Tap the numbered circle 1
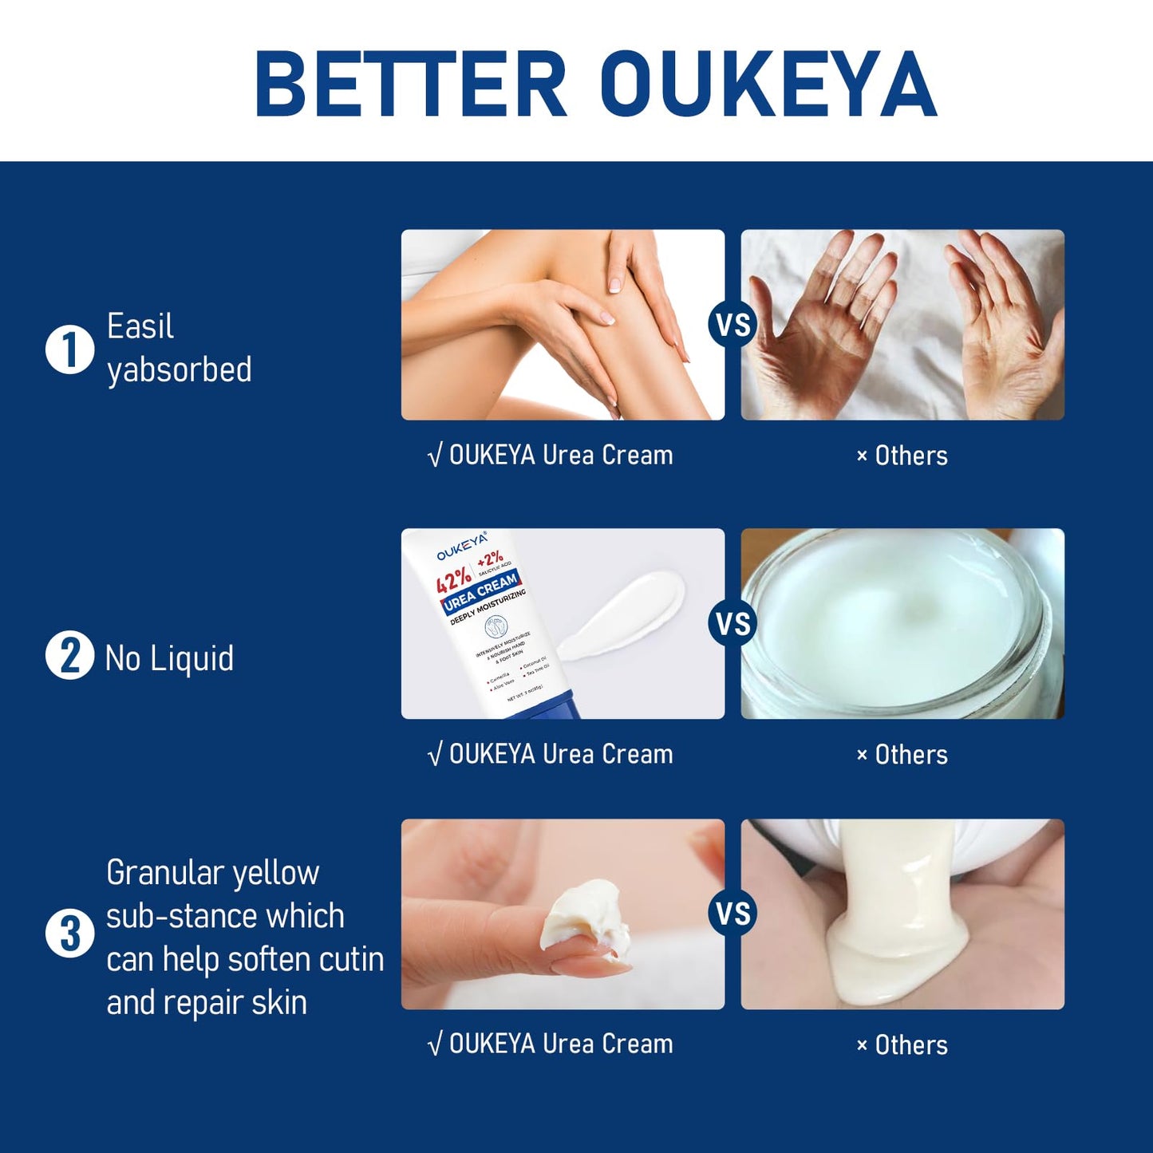point(70,349)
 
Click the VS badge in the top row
point(732,325)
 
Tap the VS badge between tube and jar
point(732,624)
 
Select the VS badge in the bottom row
point(732,914)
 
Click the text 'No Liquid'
point(169,658)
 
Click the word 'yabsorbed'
point(180,370)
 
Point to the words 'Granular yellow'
point(212,872)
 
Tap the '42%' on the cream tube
point(452,580)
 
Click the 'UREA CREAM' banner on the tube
point(481,591)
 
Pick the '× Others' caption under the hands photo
point(902,456)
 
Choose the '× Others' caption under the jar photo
point(902,755)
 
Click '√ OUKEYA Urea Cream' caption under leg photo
point(551,456)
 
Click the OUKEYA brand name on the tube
point(461,547)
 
